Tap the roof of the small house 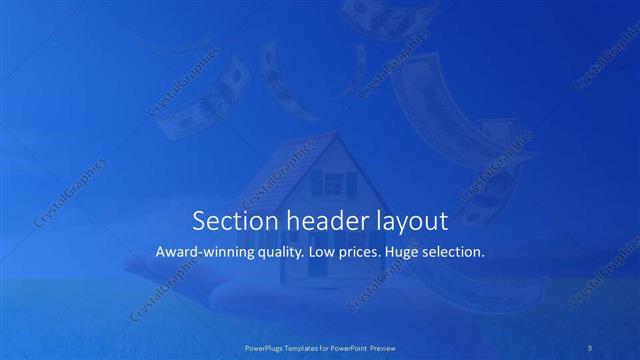click(x=300, y=160)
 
